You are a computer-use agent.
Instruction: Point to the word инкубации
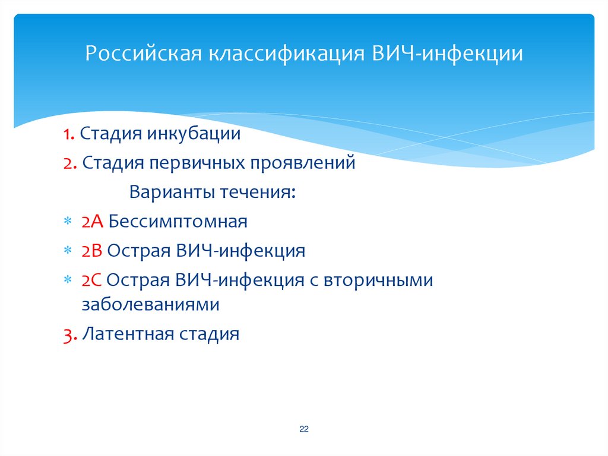click(x=199, y=134)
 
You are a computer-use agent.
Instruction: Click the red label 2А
click(x=93, y=222)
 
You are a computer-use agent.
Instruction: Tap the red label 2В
click(x=93, y=251)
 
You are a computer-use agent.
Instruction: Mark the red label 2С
click(x=93, y=280)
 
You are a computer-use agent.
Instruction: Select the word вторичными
click(x=378, y=280)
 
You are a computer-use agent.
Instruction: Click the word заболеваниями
click(x=151, y=305)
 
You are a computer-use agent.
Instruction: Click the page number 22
click(x=304, y=429)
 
